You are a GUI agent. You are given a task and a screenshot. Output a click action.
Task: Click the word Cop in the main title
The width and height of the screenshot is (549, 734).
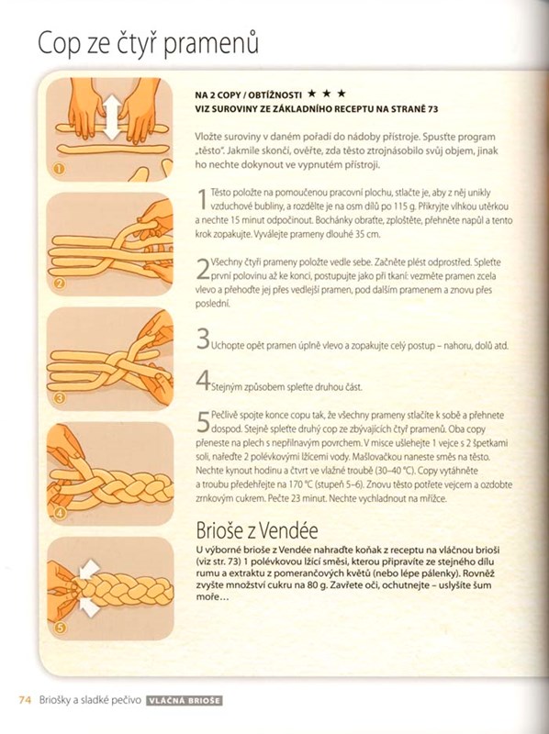pyautogui.click(x=59, y=44)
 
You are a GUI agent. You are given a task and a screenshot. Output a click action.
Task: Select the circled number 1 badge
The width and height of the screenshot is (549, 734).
pyautogui.click(x=59, y=169)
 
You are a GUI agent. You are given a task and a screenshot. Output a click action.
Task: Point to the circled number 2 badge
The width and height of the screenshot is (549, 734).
pyautogui.click(x=60, y=284)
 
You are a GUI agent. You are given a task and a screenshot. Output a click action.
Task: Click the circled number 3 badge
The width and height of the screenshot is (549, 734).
pyautogui.click(x=60, y=399)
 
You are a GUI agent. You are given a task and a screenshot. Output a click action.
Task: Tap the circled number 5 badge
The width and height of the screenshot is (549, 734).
pyautogui.click(x=60, y=628)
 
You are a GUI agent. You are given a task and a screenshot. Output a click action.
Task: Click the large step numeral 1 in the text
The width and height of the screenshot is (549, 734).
pyautogui.click(x=202, y=198)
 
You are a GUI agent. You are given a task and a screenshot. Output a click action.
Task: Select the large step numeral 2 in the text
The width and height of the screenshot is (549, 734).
pyautogui.click(x=203, y=269)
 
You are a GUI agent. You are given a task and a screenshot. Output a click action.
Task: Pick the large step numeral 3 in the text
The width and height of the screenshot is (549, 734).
pyautogui.click(x=203, y=339)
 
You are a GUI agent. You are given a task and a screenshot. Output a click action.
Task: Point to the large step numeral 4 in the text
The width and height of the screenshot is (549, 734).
pyautogui.click(x=203, y=380)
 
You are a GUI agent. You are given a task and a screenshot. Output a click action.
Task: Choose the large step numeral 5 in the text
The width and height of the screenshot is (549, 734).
pyautogui.click(x=203, y=422)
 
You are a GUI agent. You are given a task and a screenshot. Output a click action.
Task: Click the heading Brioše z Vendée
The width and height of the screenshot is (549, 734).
pyautogui.click(x=257, y=530)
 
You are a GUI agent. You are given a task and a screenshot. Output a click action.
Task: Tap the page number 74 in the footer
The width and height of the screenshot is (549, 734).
pyautogui.click(x=25, y=700)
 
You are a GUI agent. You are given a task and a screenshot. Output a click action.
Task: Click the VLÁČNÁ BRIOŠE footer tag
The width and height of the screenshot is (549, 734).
pyautogui.click(x=185, y=701)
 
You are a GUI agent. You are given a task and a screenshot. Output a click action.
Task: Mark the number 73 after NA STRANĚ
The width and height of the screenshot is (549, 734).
pyautogui.click(x=432, y=109)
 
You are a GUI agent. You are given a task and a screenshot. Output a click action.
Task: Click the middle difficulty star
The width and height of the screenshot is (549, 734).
pyautogui.click(x=327, y=94)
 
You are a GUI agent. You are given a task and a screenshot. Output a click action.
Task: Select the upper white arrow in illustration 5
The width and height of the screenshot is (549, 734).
pyautogui.click(x=90, y=570)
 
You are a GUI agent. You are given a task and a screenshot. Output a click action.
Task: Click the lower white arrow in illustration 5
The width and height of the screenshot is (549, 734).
pyautogui.click(x=89, y=606)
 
